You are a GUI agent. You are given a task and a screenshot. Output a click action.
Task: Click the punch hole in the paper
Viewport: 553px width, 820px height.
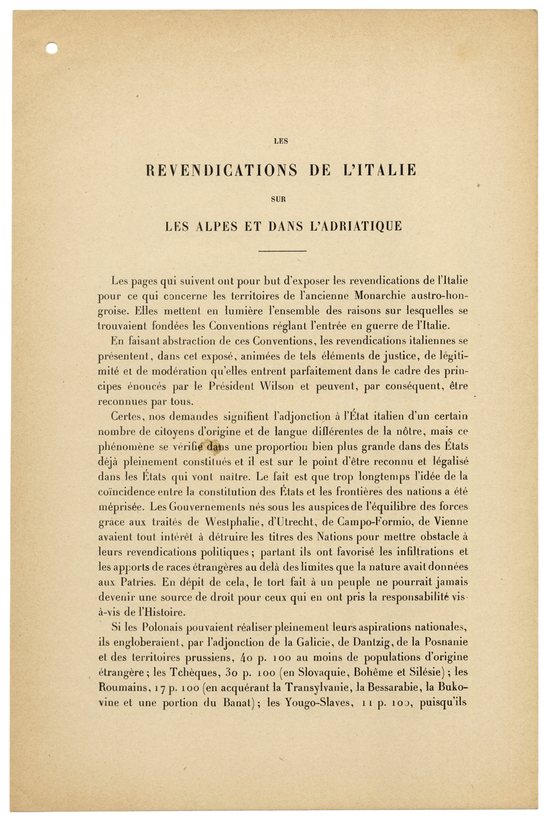point(51,48)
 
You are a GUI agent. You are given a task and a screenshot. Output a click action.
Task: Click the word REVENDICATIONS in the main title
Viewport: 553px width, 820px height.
point(221,170)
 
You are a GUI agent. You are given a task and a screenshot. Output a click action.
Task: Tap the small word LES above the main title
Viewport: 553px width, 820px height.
point(281,141)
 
